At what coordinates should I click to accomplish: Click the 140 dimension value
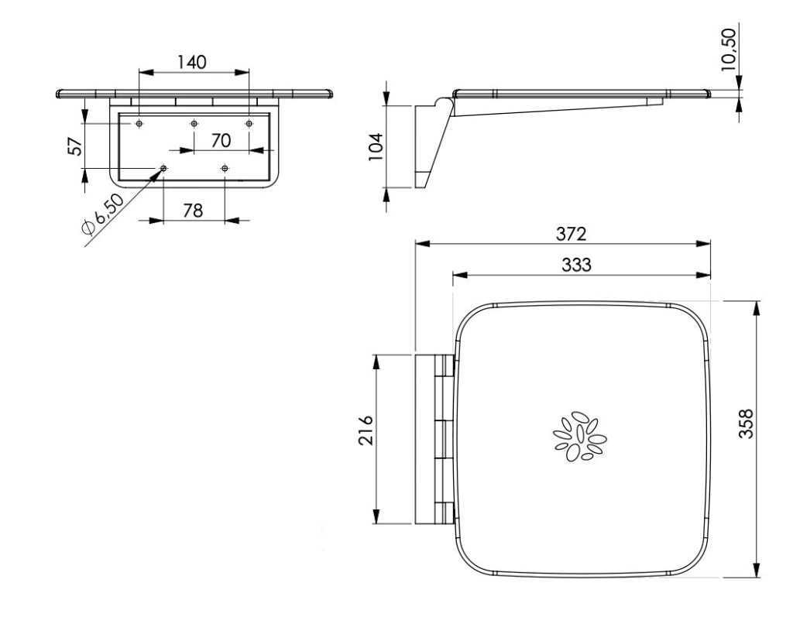click(192, 62)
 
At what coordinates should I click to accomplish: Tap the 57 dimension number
click(75, 146)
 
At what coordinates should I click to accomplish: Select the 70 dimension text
click(221, 141)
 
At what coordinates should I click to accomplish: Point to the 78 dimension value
click(193, 211)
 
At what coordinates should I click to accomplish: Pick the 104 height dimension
click(376, 146)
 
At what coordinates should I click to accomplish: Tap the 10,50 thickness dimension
click(729, 49)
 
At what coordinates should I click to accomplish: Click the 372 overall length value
click(572, 234)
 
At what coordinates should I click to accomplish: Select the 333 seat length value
click(576, 265)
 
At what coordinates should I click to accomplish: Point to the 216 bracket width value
click(366, 430)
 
